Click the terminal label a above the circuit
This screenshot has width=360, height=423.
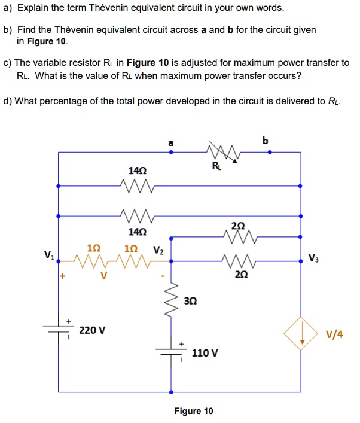(x=172, y=142)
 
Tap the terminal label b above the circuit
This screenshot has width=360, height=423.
(x=266, y=141)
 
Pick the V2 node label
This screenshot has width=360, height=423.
(x=157, y=250)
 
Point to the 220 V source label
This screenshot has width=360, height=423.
(x=92, y=330)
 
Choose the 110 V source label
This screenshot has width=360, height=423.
(x=205, y=353)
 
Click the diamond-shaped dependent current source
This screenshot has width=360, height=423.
(x=302, y=334)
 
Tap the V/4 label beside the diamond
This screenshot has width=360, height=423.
(x=334, y=334)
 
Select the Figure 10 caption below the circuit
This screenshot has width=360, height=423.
(x=193, y=411)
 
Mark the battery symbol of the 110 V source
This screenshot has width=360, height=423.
(x=172, y=353)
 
